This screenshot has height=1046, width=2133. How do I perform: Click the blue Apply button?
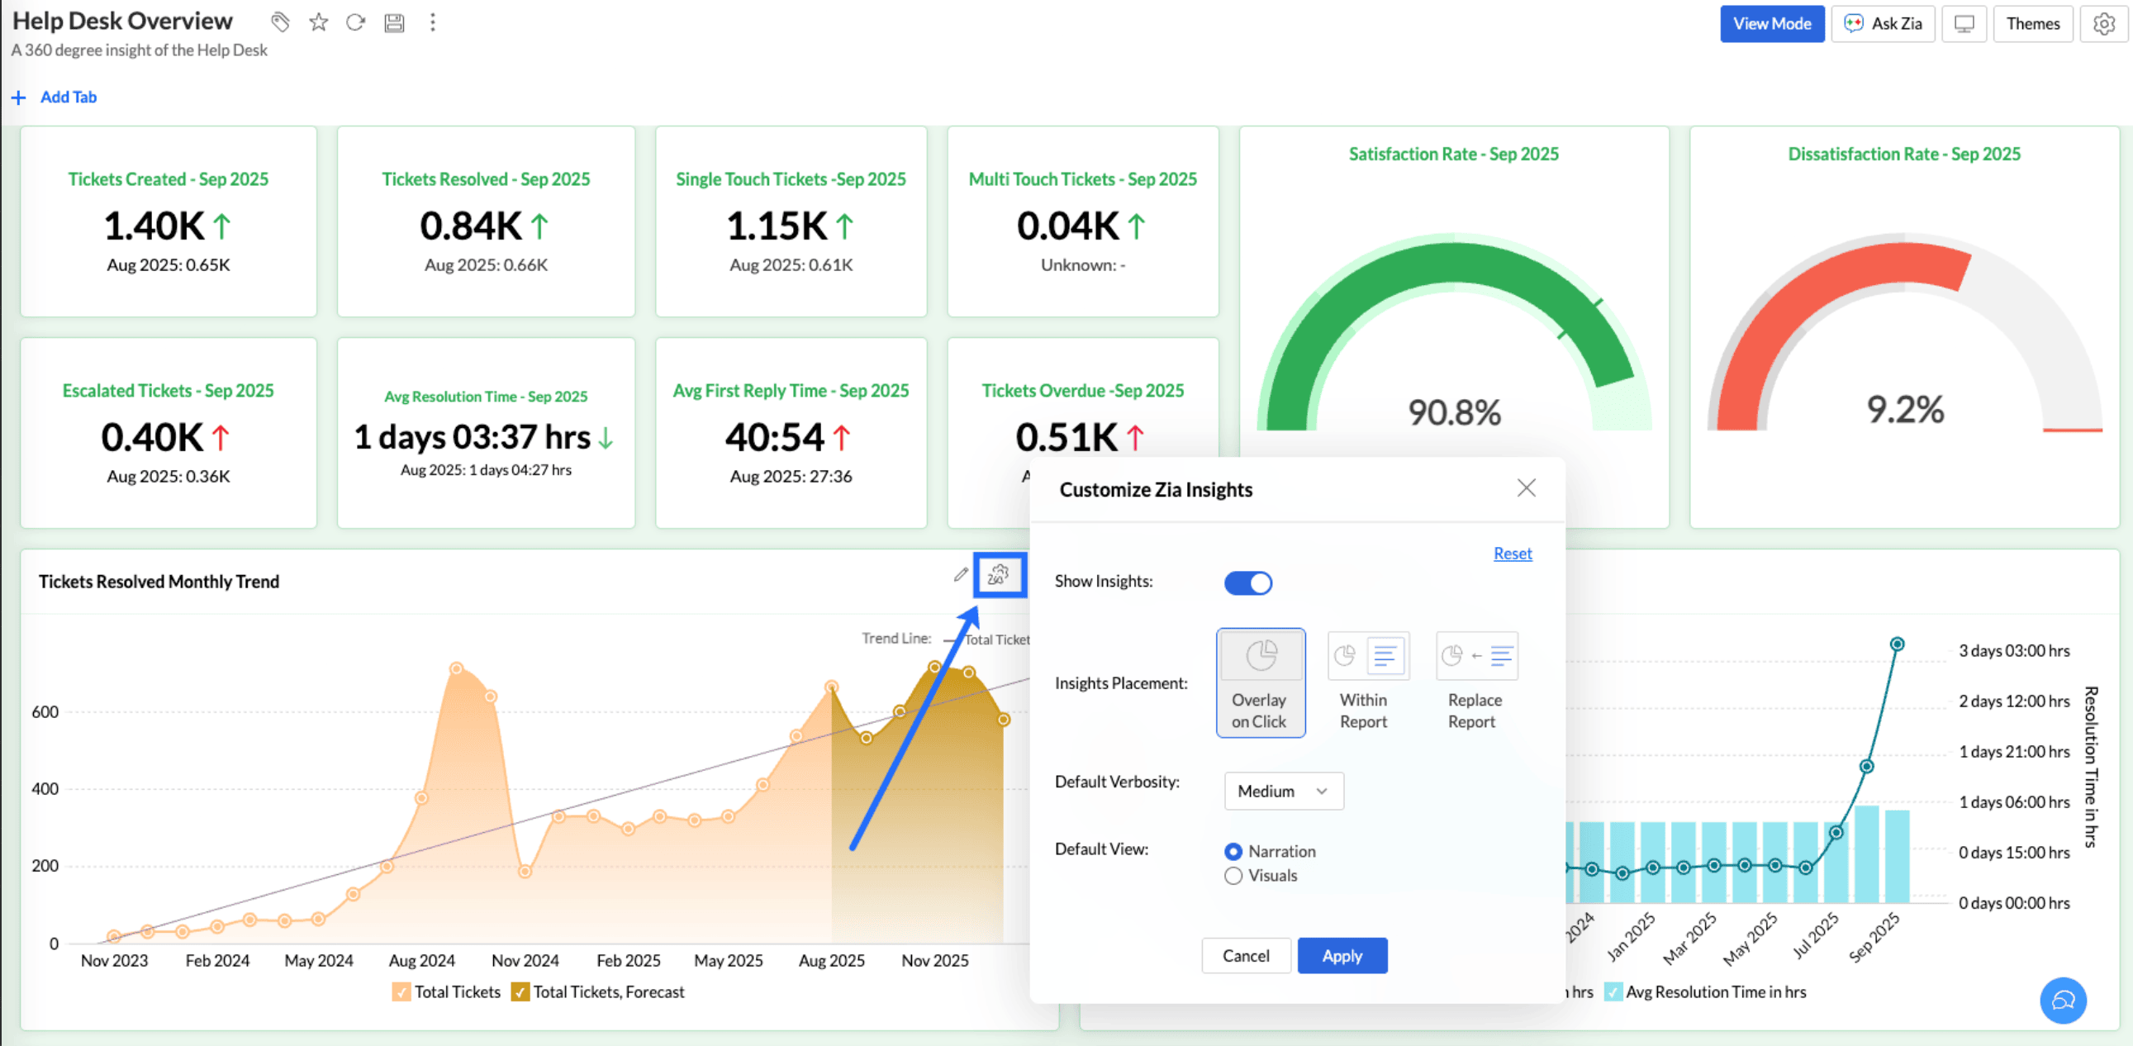1342,956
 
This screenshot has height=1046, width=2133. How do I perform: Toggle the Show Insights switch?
1248,583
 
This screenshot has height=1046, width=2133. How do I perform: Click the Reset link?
1512,554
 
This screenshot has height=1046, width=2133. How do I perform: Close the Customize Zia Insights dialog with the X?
1526,487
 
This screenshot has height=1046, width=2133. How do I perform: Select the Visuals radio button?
1233,876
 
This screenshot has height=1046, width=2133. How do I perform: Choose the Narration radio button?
1233,851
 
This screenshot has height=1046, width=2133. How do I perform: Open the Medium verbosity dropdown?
1283,791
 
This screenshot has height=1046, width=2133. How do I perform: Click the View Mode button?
1771,23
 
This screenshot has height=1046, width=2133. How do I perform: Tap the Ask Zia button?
1883,23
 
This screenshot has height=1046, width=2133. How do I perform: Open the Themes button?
2032,23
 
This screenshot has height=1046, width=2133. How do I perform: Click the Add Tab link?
68,97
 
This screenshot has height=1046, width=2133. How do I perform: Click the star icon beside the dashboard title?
319,22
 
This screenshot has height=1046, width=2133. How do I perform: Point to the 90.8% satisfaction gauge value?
1454,412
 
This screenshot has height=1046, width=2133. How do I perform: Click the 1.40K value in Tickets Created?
154,226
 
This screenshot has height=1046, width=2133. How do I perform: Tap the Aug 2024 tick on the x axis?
421,960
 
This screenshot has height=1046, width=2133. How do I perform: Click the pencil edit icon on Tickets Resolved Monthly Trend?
961,574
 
